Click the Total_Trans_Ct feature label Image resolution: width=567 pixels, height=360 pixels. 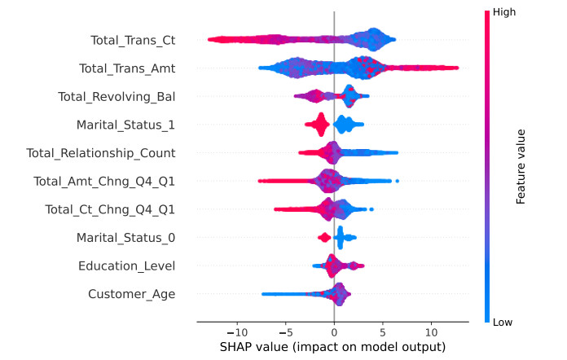point(133,40)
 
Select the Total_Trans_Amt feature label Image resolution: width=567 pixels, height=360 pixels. point(127,68)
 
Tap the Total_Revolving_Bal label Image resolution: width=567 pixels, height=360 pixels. point(116,97)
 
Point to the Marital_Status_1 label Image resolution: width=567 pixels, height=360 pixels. point(125,125)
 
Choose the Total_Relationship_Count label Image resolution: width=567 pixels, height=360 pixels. point(101,153)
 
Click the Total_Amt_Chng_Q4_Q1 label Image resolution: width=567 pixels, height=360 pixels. point(104,182)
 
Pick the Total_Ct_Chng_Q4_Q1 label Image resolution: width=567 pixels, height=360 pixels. point(110,210)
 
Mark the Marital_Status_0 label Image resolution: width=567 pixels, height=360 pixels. point(125,238)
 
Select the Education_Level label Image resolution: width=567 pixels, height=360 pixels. point(126,266)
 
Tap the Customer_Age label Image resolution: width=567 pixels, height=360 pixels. point(131,294)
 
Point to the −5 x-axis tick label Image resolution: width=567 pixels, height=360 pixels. point(285,332)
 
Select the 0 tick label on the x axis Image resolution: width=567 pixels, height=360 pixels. point(334,332)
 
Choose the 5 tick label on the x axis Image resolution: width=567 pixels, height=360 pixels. point(382,332)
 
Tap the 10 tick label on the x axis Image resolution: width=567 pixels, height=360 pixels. point(431,332)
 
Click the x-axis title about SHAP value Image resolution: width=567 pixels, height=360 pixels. point(332,348)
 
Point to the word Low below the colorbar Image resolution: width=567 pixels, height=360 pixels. point(503,323)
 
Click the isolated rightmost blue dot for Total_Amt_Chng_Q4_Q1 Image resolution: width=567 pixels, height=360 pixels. point(397,181)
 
